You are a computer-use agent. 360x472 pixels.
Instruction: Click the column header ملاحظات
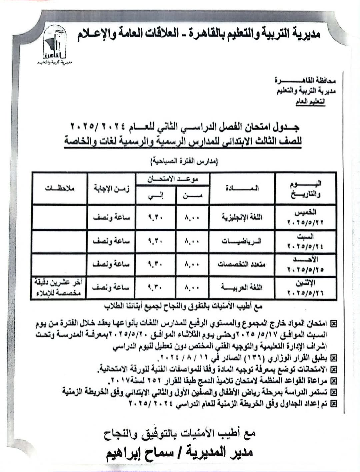[x=60, y=189]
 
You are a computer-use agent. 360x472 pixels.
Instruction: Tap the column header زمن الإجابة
[x=112, y=189]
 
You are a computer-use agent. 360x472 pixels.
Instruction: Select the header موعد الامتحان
[x=173, y=179]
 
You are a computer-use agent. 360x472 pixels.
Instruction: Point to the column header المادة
[x=242, y=189]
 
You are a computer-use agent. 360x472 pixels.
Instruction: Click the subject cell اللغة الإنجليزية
[x=242, y=218]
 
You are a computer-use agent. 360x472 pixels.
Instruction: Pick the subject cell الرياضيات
[x=242, y=241]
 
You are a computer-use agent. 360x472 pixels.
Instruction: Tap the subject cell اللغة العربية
[x=242, y=287]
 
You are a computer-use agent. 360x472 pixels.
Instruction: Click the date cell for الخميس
[x=305, y=218]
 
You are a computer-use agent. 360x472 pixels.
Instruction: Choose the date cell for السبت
[x=305, y=241]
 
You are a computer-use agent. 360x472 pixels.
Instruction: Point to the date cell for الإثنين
[x=305, y=287]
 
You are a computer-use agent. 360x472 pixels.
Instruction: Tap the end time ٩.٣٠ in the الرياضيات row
[x=155, y=241]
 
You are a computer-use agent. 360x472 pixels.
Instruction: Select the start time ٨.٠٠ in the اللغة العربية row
[x=192, y=287]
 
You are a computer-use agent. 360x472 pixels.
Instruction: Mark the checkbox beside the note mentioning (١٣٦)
[x=333, y=358]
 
